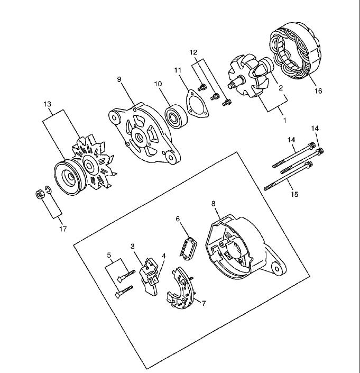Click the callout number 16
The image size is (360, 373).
(318, 90)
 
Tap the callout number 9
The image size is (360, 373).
(119, 79)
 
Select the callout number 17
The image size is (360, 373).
(63, 229)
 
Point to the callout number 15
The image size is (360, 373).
(294, 194)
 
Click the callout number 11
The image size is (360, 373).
(178, 70)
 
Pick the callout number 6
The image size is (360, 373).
(178, 219)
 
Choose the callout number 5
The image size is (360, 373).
(109, 255)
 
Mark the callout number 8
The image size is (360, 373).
(213, 203)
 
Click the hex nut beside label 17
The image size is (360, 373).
(39, 195)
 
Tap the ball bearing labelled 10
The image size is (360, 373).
(176, 116)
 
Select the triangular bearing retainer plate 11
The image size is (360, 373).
(197, 104)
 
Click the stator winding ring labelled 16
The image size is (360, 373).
(296, 51)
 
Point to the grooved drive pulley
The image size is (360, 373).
(70, 177)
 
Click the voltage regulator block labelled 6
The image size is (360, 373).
(188, 249)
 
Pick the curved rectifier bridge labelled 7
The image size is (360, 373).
(181, 288)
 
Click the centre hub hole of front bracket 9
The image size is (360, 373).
(139, 137)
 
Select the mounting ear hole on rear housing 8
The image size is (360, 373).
(276, 269)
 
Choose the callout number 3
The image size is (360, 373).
(133, 246)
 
